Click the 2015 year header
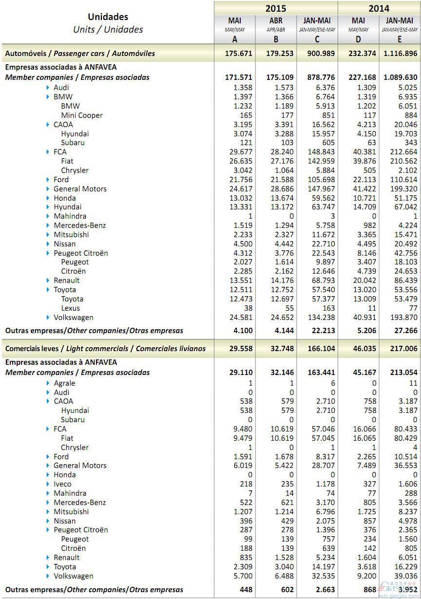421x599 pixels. (275, 8)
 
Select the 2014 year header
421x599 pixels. (379, 8)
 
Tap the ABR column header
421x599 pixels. (276, 21)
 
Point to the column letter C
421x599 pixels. (317, 39)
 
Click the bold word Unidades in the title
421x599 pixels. (108, 18)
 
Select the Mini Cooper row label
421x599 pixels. (82, 115)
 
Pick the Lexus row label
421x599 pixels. (71, 308)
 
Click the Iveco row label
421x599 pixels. (62, 484)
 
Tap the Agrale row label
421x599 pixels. (64, 383)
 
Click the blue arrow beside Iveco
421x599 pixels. (48, 484)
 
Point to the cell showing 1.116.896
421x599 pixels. (400, 54)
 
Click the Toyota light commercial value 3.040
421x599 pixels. (284, 567)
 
